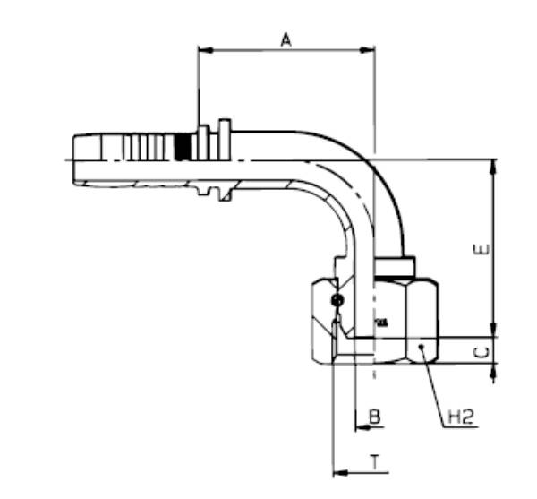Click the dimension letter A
tap(286, 39)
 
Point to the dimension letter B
tap(375, 417)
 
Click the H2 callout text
tap(460, 417)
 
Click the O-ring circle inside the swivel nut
tap(337, 300)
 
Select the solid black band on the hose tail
tap(184, 147)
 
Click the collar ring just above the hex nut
tap(394, 266)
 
